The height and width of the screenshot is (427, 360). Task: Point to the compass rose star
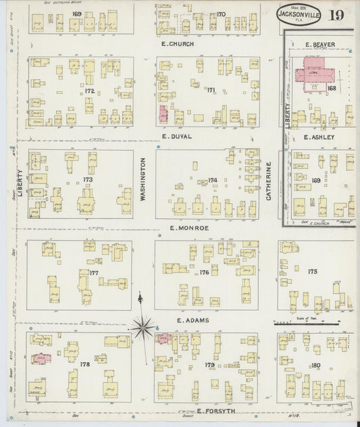pyautogui.click(x=142, y=328)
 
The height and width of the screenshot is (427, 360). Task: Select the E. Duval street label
pyautogui.click(x=177, y=136)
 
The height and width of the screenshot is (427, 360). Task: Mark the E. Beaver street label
pyautogui.click(x=320, y=45)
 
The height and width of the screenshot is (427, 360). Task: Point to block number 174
pyautogui.click(x=213, y=180)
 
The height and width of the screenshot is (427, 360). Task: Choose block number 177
pyautogui.click(x=94, y=273)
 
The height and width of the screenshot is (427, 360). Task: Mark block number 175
pyautogui.click(x=312, y=271)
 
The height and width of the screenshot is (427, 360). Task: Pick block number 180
pyautogui.click(x=315, y=366)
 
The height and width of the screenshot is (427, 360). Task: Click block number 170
pyautogui.click(x=221, y=14)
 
